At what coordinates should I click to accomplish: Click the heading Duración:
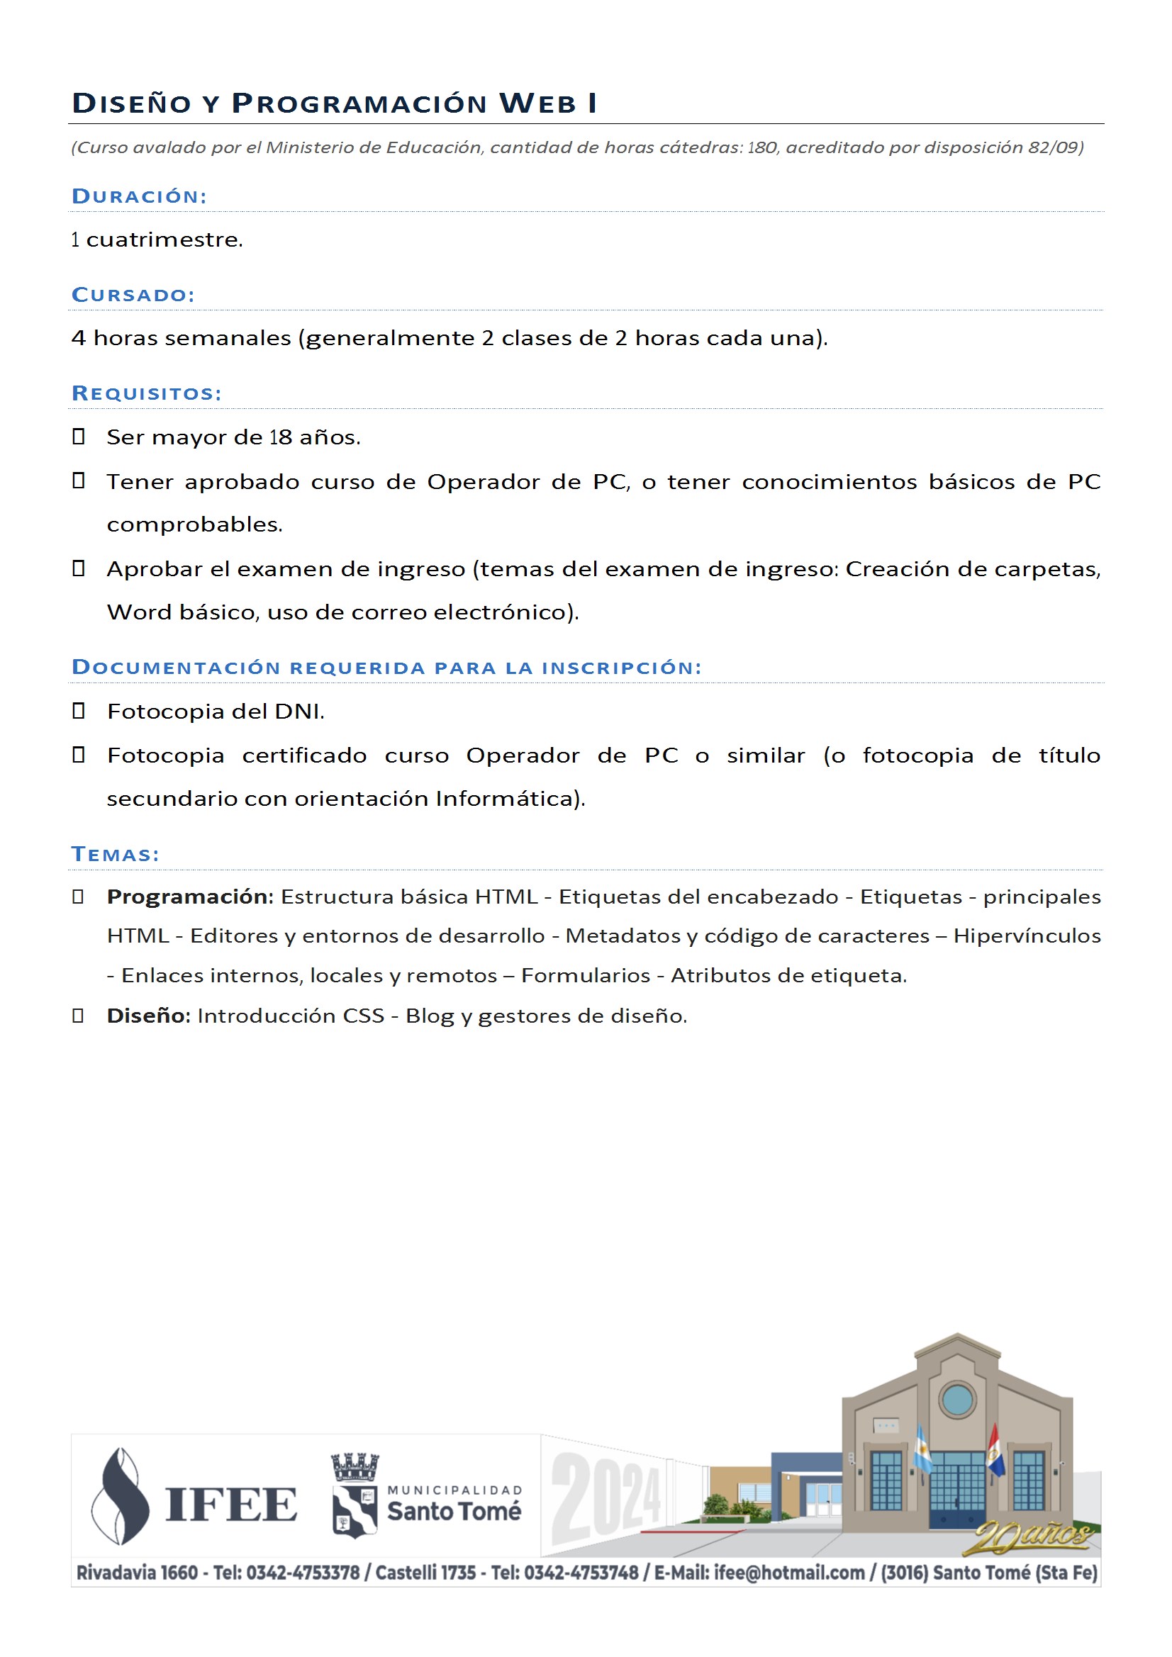point(140,196)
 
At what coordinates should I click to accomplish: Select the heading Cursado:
point(133,294)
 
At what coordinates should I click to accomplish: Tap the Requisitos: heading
point(147,393)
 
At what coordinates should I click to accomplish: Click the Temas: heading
point(116,855)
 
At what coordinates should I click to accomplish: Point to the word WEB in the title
point(538,104)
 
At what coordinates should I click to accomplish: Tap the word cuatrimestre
point(164,240)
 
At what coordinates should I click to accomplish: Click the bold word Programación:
point(190,897)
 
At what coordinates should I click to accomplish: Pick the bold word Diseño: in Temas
point(149,1016)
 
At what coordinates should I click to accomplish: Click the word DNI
point(299,712)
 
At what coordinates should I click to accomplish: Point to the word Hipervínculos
point(1027,936)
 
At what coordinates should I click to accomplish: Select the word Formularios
point(586,976)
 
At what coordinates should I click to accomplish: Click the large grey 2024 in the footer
point(607,1495)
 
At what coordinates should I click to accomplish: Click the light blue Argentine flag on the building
point(923,1448)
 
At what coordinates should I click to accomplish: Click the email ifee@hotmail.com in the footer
point(789,1573)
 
